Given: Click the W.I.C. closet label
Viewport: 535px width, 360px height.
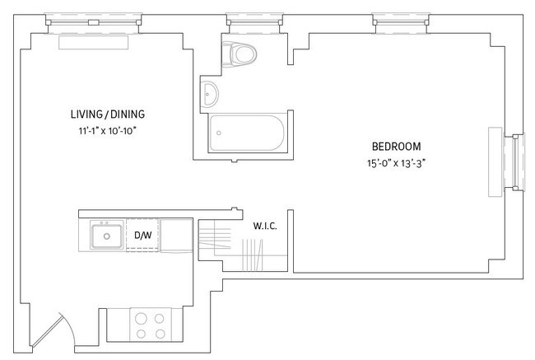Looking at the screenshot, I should [263, 223].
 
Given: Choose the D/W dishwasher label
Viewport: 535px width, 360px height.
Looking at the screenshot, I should [142, 236].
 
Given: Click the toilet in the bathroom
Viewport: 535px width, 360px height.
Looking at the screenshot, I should [241, 54].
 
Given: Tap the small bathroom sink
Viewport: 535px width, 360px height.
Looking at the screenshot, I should [211, 94].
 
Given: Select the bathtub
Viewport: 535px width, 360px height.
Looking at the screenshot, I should [246, 133].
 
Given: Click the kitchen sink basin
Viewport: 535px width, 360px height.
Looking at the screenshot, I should [105, 237].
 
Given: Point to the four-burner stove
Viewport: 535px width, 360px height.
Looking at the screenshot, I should [149, 324].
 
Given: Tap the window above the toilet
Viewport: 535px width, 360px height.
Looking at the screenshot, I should [244, 18].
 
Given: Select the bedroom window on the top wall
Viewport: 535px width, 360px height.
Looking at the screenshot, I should [398, 18].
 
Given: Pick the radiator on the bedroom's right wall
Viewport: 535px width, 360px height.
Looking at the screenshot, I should [495, 161].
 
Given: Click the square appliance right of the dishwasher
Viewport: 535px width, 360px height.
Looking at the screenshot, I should [174, 235].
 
